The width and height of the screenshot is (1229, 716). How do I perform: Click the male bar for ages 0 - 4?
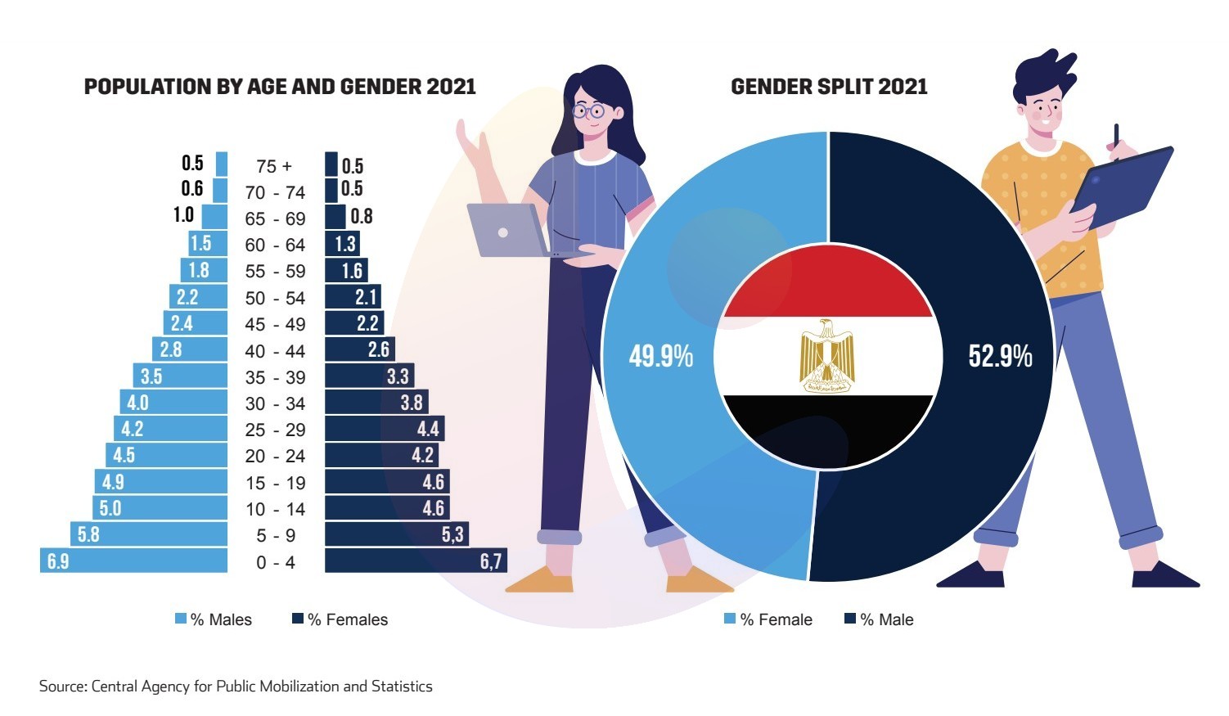[x=133, y=561]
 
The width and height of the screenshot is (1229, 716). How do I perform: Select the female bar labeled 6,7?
[x=416, y=561]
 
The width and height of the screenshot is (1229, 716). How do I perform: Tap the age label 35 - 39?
[x=275, y=377]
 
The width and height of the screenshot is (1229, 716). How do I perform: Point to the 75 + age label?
[x=273, y=166]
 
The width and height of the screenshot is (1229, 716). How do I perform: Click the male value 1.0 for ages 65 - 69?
[x=183, y=215]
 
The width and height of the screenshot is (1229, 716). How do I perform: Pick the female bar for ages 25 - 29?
[x=385, y=429]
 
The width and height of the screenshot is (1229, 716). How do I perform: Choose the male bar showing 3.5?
[x=180, y=376]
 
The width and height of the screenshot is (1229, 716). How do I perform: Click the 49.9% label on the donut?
[x=660, y=357]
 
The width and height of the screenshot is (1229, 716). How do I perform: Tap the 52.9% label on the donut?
[x=1000, y=357]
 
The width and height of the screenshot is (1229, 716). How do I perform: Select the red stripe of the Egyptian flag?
[x=827, y=290]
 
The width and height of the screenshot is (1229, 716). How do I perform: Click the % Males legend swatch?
[x=181, y=619]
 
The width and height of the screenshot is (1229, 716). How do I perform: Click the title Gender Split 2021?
[x=829, y=87]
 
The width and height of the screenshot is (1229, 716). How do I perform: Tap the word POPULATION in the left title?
[x=136, y=87]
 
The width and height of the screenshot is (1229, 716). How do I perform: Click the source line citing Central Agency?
[x=236, y=687]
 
